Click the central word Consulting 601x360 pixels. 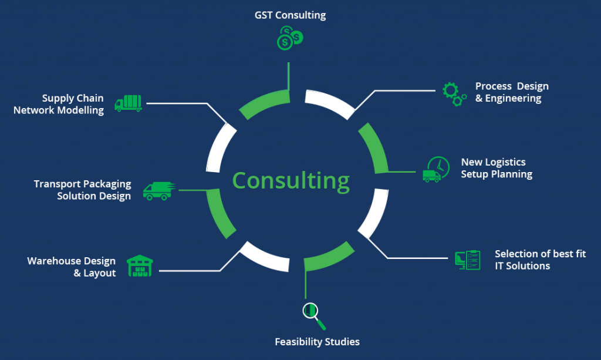point(291,180)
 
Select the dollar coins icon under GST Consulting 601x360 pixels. point(289,39)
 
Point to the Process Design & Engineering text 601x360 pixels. point(511,93)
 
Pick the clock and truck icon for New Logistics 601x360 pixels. point(435,170)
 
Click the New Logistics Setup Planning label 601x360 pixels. point(496,168)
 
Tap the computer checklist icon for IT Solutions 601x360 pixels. point(468,260)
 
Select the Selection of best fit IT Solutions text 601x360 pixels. point(540,260)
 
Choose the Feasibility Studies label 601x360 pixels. point(317,342)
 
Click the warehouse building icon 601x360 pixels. point(140,266)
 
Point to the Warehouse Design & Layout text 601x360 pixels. point(71,267)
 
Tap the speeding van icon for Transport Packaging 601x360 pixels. point(158,190)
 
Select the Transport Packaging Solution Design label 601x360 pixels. point(82,190)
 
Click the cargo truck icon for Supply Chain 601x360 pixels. point(128,103)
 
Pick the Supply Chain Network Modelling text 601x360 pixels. point(59,104)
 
